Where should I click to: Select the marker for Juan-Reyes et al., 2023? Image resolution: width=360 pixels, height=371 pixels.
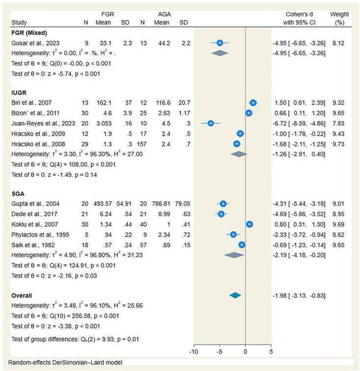[x=211, y=123]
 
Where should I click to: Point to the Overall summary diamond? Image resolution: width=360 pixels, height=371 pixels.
[x=235, y=295]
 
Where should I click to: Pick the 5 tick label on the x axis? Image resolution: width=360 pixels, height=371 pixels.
[x=271, y=352]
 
